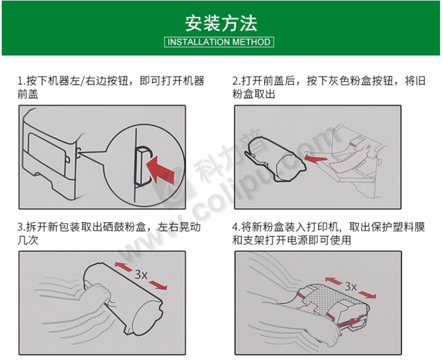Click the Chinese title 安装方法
[221, 23]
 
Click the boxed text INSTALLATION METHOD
[219, 42]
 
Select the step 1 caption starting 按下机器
[110, 87]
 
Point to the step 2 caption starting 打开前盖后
[329, 87]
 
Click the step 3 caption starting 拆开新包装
[109, 233]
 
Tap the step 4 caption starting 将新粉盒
[329, 233]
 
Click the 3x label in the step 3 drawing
[141, 274]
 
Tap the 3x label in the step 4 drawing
[350, 286]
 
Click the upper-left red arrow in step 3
[123, 267]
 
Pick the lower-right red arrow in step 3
[158, 285]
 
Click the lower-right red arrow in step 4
[367, 294]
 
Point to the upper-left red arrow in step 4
[334, 281]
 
